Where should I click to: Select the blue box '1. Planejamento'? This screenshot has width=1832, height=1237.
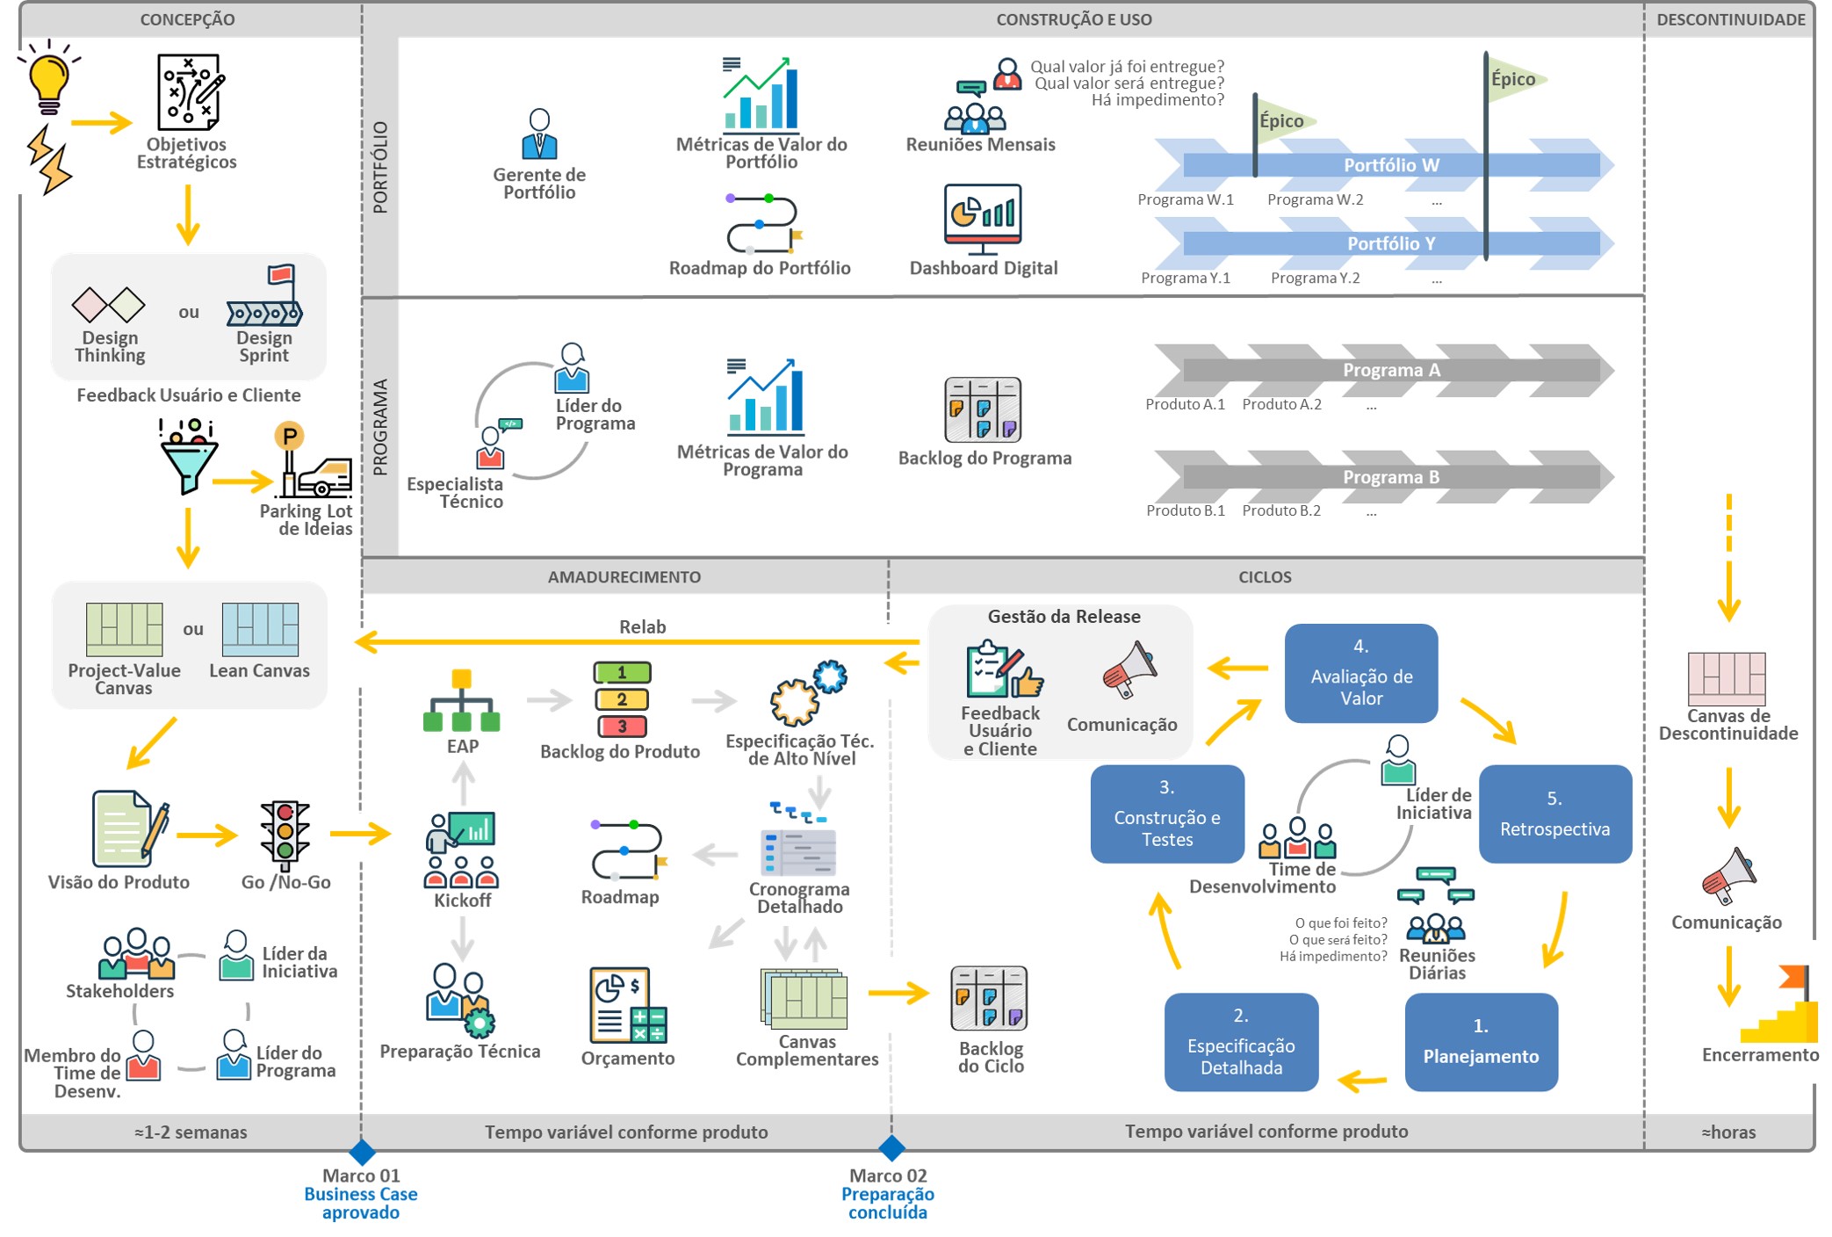tap(1481, 1042)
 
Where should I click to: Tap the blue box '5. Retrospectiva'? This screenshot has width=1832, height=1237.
tap(1554, 814)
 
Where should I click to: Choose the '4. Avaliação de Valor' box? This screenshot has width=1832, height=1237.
tap(1360, 673)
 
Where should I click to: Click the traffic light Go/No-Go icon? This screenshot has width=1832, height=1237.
tap(285, 831)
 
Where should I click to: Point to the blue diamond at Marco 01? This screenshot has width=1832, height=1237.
tap(362, 1151)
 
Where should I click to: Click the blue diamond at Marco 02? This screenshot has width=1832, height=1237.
tap(891, 1147)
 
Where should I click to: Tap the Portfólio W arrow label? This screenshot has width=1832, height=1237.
tap(1391, 165)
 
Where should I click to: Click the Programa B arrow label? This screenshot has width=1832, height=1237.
tap(1390, 477)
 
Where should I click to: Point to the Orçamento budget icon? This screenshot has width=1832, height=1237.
tap(628, 1005)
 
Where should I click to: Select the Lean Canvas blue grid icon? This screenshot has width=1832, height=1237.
tap(260, 629)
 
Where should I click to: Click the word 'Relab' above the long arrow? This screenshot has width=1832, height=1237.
tap(642, 626)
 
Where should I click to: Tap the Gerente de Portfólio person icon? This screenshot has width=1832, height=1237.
tap(539, 134)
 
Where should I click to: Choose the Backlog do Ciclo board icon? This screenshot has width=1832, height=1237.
tap(989, 998)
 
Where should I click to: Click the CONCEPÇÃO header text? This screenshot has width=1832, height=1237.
tap(187, 19)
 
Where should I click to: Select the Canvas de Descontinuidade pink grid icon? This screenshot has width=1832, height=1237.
tap(1726, 677)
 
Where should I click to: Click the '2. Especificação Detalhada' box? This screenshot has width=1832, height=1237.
tap(1241, 1042)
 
